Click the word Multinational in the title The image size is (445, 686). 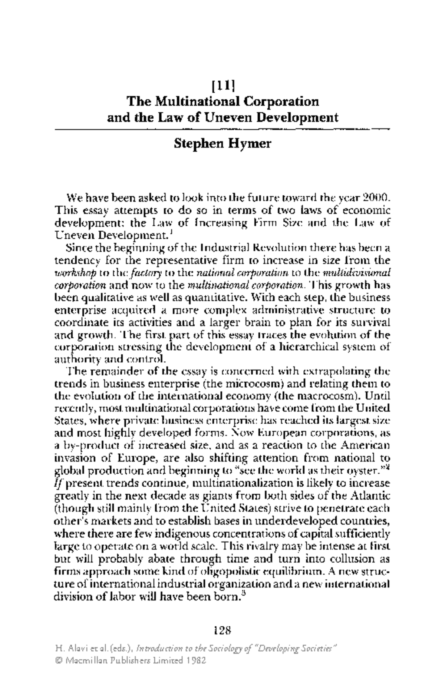(x=197, y=102)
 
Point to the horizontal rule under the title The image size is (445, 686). (x=222, y=129)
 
